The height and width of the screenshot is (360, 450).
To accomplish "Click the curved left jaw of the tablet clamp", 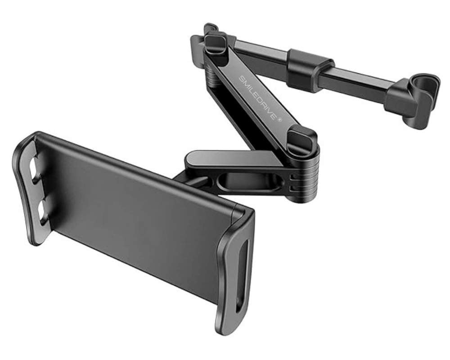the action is [x=29, y=189].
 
